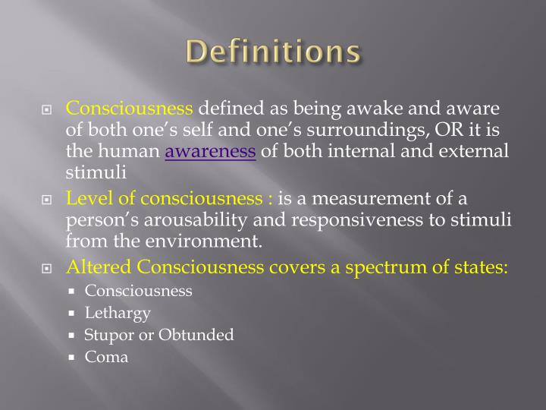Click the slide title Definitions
click(x=273, y=52)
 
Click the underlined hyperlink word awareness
click(x=210, y=150)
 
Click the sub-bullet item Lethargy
click(x=118, y=312)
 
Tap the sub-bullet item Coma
click(x=106, y=356)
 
